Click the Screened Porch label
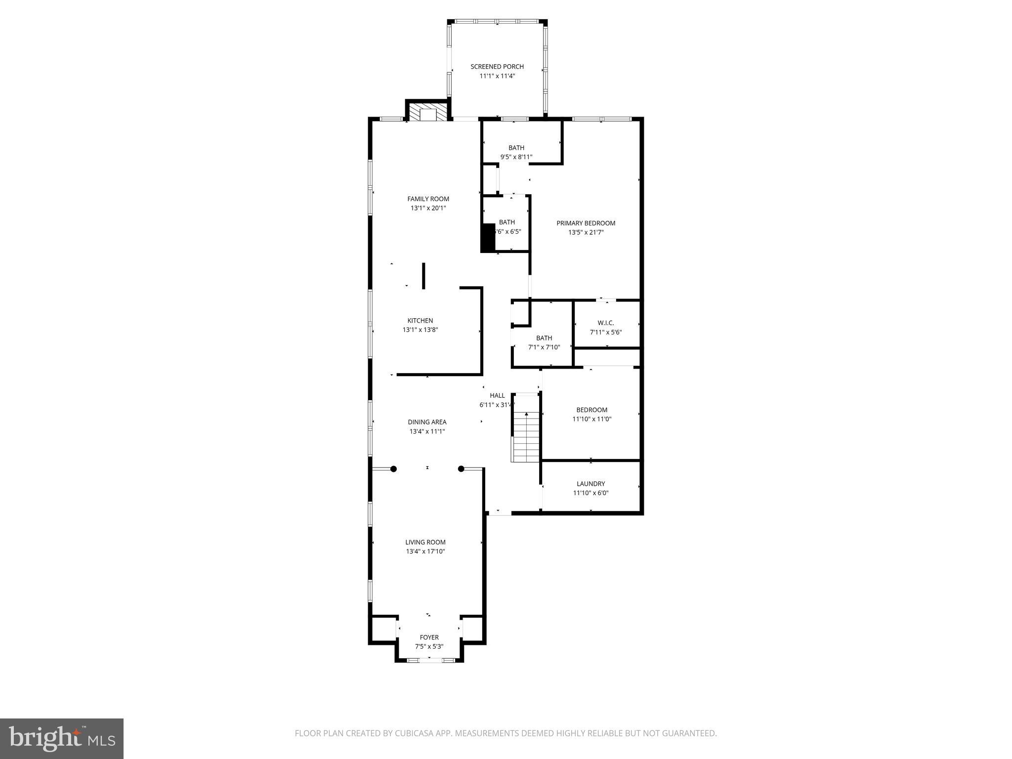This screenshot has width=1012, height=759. click(497, 67)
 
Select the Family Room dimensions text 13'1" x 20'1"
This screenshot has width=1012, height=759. click(428, 209)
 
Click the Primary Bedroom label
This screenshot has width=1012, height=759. click(586, 223)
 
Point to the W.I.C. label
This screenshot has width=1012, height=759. click(605, 323)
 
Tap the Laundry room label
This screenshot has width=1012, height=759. click(590, 484)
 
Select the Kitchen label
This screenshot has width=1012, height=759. click(420, 321)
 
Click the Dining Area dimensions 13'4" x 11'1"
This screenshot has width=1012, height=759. click(427, 431)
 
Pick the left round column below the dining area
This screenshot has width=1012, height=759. click(393, 469)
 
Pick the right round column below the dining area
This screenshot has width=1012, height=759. click(461, 469)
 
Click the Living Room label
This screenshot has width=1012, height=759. click(425, 543)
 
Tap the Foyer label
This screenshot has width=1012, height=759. click(429, 637)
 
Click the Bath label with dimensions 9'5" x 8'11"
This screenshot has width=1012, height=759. click(516, 148)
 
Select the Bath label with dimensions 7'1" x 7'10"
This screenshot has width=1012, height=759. click(544, 338)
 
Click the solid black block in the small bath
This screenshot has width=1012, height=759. click(488, 238)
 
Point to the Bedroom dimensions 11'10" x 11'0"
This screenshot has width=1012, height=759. click(591, 419)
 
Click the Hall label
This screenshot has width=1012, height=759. click(497, 396)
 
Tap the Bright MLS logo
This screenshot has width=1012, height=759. click(62, 738)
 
